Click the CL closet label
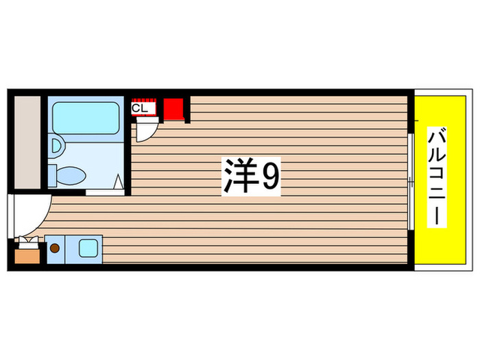click(x=139, y=108)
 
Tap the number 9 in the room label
click(x=269, y=177)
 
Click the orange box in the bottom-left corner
click(x=28, y=256)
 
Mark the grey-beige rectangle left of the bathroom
click(x=28, y=142)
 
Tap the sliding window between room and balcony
click(x=409, y=182)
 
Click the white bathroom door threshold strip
click(x=105, y=193)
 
